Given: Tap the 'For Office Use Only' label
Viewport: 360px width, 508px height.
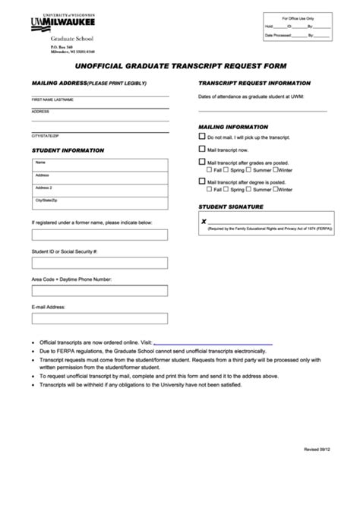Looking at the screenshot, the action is coord(298,17).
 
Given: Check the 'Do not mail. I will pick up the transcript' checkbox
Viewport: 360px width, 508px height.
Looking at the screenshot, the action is coord(202,137).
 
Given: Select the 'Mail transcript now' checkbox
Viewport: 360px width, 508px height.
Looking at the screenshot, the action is coord(202,150).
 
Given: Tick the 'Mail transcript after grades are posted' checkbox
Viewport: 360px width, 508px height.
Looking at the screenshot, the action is coord(202,162).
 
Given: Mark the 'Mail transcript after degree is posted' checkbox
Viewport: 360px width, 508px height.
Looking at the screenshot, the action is coord(202,182).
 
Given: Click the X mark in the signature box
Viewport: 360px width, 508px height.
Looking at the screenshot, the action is coord(204,221).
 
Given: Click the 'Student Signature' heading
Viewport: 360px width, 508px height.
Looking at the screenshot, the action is coord(231,206).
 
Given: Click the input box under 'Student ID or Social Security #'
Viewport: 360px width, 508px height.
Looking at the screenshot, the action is coord(99,262).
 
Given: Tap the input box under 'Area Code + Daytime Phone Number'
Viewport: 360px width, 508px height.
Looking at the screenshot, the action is coord(99,291).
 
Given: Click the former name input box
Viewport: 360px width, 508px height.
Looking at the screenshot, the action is coord(99,234).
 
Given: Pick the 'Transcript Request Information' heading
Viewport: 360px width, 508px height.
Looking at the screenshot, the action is coord(254,82).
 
